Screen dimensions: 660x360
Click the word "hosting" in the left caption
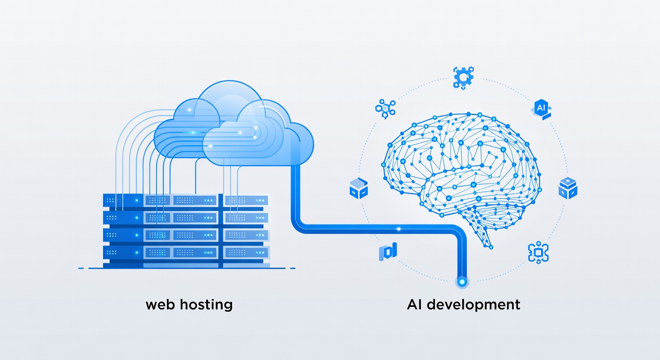pyautogui.click(x=206, y=305)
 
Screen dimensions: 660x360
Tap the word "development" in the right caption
pyautogui.click(x=473, y=305)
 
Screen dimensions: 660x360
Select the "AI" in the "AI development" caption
pyautogui.click(x=414, y=305)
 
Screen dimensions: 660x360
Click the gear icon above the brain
pyautogui.click(x=463, y=77)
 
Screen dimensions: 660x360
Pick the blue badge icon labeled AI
pyautogui.click(x=541, y=109)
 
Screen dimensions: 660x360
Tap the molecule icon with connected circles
pyautogui.click(x=385, y=109)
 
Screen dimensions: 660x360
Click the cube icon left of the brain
pyautogui.click(x=359, y=188)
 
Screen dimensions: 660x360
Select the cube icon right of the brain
pyautogui.click(x=568, y=188)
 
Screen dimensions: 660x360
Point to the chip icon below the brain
pyautogui.click(x=538, y=253)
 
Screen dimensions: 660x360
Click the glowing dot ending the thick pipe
pyautogui.click(x=462, y=282)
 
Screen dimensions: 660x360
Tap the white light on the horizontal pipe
pyautogui.click(x=398, y=229)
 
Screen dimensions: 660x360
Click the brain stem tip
pyautogui.click(x=490, y=247)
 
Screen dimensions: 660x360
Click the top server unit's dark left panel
pyautogui.click(x=123, y=200)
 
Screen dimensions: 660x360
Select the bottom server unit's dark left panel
pyautogui.click(x=123, y=253)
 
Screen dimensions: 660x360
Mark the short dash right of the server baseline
pyautogui.click(x=292, y=269)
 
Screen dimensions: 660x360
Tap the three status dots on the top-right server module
pyautogui.click(x=260, y=200)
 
